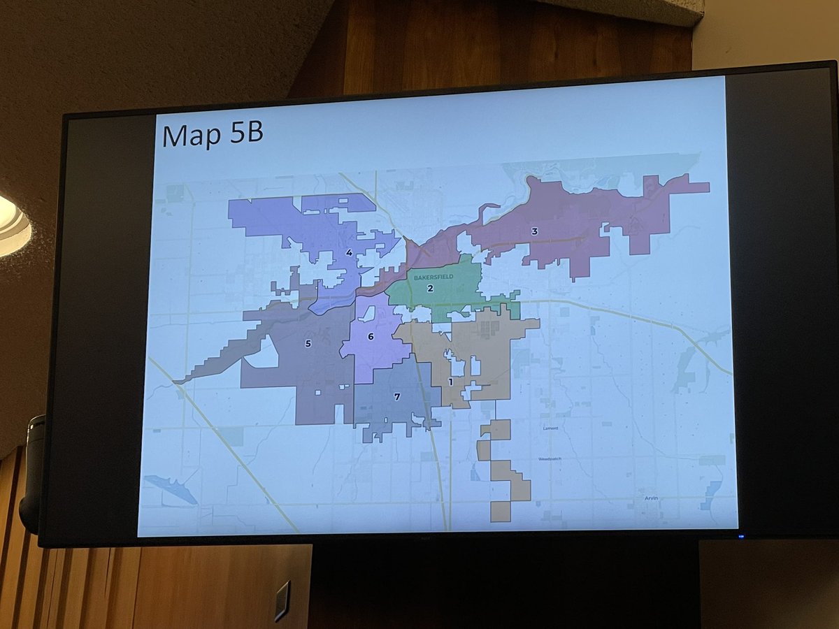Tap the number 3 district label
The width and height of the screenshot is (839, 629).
click(x=534, y=231)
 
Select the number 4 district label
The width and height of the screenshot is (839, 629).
click(x=348, y=253)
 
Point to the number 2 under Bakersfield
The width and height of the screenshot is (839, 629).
click(x=431, y=289)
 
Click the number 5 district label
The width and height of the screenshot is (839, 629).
click(x=308, y=343)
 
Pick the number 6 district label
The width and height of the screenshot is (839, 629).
click(x=371, y=337)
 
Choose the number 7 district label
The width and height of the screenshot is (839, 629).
click(x=397, y=397)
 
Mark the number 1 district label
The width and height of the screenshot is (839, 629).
click(x=451, y=382)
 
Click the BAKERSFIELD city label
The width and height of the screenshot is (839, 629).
click(x=433, y=277)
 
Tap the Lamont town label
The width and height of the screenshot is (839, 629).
click(x=550, y=428)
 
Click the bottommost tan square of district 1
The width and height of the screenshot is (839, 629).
click(x=501, y=512)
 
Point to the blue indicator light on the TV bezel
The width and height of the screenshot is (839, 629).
click(x=741, y=537)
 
